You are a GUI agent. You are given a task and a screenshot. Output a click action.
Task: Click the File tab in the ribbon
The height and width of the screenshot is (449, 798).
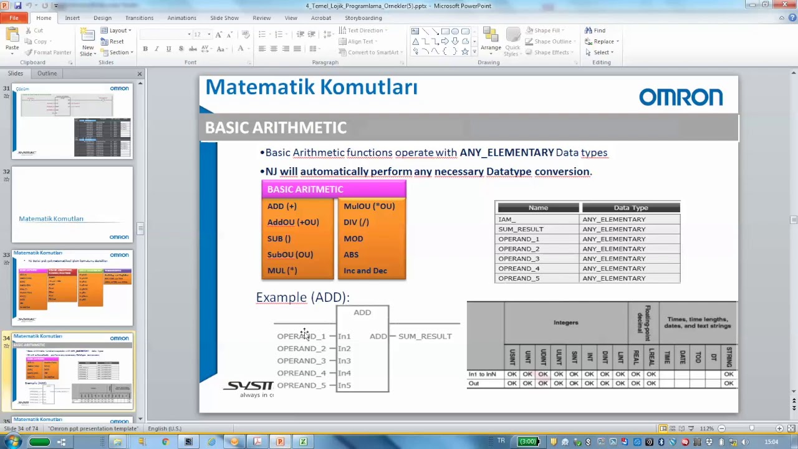(x=14, y=18)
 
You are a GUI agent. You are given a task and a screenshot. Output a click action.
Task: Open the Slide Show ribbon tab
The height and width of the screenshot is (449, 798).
(x=223, y=18)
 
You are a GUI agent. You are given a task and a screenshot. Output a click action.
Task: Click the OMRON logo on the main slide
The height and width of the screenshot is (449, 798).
(x=680, y=97)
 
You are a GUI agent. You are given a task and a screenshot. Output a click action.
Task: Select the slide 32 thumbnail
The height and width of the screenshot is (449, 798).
(x=72, y=204)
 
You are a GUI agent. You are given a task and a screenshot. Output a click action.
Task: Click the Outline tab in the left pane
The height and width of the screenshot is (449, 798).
(x=47, y=74)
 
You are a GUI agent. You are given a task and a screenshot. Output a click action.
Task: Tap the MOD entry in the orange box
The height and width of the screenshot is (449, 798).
(x=353, y=238)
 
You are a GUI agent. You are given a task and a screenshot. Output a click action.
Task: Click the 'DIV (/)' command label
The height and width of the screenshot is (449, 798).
(x=356, y=222)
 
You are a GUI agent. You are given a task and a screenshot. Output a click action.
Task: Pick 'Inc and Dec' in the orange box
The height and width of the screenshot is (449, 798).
(x=365, y=271)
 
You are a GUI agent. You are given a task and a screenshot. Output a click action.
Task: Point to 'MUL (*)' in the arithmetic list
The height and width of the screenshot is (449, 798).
(x=282, y=271)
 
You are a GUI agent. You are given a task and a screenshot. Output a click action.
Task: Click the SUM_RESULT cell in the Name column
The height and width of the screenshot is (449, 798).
(x=521, y=229)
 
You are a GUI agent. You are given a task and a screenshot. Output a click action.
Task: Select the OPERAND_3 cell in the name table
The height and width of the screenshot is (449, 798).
(x=518, y=259)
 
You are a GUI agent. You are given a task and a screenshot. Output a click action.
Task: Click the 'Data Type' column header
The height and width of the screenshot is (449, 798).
(x=630, y=208)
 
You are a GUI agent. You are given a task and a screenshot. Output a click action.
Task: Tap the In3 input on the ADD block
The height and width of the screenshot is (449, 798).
(x=344, y=361)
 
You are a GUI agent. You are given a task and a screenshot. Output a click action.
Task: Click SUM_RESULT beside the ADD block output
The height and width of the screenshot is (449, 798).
(x=425, y=336)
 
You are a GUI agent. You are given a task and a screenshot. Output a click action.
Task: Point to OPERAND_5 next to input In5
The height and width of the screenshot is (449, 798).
(x=301, y=385)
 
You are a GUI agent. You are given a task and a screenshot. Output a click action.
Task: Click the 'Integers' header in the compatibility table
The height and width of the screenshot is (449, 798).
(x=565, y=322)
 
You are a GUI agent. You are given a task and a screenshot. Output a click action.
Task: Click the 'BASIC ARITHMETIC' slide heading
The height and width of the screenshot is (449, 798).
(x=276, y=128)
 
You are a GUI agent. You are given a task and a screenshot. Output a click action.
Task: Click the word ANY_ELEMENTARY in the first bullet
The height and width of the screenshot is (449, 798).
(x=506, y=153)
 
